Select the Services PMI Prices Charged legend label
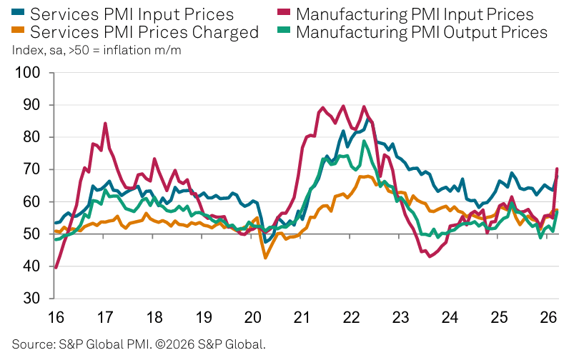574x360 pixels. coord(145,32)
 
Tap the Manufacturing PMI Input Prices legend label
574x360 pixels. coord(415,14)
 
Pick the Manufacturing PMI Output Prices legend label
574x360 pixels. coord(422,32)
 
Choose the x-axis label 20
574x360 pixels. coord(252,316)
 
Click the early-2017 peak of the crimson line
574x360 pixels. coord(105,124)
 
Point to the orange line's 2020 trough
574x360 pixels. coord(266,258)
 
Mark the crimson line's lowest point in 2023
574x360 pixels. coord(430,256)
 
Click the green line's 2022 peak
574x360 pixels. coord(365,141)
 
